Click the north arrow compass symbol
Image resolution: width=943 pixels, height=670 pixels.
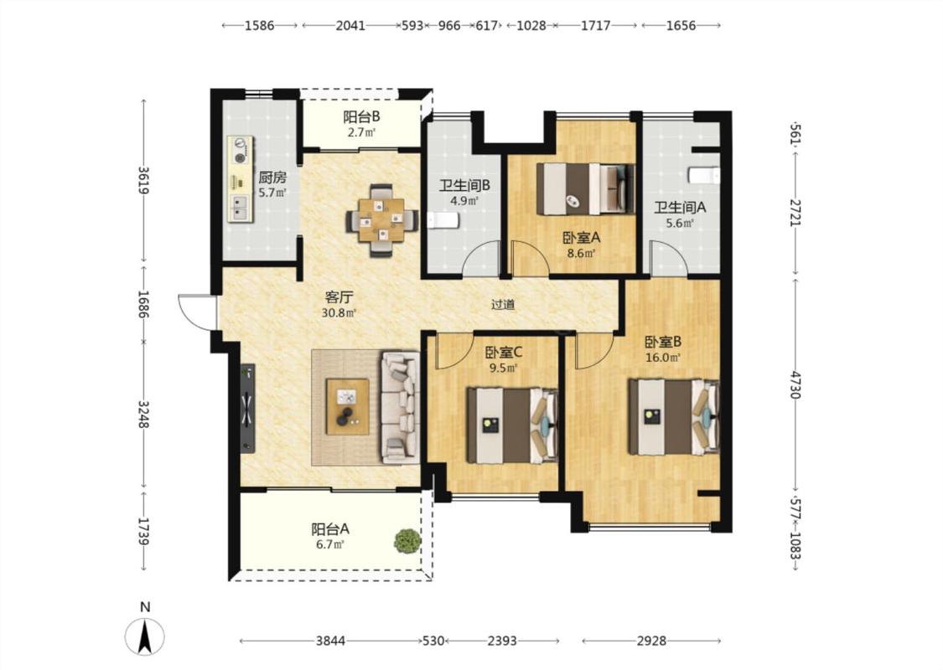coord(144,636)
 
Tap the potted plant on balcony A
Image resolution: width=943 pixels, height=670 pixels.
coord(407,540)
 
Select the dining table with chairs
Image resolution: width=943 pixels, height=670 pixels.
coord(382,220)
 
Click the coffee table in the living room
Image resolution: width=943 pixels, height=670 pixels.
coord(348,407)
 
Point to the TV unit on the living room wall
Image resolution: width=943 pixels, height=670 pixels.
coord(247,408)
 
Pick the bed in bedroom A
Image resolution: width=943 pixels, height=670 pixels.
coord(585,188)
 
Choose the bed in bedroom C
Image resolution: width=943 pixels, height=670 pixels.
coord(512,425)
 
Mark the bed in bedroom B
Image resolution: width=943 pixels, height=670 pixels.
coord(674,416)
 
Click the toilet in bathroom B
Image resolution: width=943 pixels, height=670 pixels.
coord(443,221)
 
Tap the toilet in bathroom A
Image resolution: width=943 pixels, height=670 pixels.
coord(703,175)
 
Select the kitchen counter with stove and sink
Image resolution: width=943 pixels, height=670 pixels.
coord(240,180)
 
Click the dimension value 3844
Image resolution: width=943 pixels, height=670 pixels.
coord(331,642)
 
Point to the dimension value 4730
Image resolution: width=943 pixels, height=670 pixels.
coord(795,385)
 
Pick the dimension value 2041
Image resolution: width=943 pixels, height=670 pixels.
coord(350,26)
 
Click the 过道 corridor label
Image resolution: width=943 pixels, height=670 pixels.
coord(503,305)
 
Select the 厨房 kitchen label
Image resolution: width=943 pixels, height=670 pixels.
coord(272,178)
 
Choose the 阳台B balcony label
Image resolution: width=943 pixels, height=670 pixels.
coord(361,117)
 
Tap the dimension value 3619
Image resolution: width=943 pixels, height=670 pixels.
coord(143,180)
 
